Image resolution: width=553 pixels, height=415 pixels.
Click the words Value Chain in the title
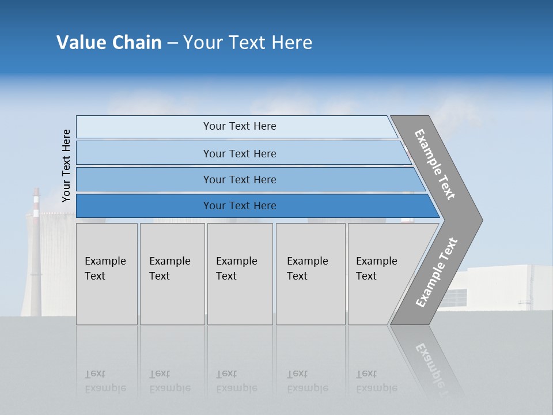coord(109,43)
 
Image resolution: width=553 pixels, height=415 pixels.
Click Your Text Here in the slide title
coord(248,43)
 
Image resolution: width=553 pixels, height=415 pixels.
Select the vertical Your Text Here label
coord(66,165)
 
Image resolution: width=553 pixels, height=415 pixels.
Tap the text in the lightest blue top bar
coord(240,126)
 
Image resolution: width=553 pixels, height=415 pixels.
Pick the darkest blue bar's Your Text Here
coord(240,206)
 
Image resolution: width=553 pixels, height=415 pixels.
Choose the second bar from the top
coord(240,153)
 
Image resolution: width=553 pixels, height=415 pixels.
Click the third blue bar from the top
coord(240,180)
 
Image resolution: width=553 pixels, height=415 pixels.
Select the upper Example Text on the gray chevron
coord(435,164)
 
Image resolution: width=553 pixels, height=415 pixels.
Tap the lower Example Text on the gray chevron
coord(437,273)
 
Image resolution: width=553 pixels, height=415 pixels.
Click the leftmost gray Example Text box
coord(107,274)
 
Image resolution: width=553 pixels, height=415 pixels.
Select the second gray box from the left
coord(172,274)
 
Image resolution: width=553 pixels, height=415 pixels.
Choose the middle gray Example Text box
coord(240,274)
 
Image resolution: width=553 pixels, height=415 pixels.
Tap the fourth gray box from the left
coord(310,274)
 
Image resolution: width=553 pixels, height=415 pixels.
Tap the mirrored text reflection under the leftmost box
coord(105,381)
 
